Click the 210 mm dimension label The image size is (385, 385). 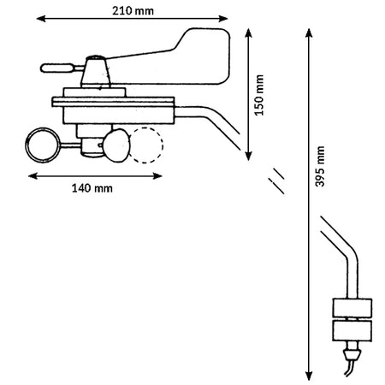tap(133, 11)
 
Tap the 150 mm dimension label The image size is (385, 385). tap(259, 95)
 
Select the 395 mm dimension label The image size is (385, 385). tap(320, 166)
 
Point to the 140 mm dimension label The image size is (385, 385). tap(92, 188)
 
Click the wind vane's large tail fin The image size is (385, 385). tap(199, 57)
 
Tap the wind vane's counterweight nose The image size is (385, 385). tap(57, 68)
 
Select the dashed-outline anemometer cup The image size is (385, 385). tap(145, 145)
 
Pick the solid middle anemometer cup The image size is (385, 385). tap(116, 145)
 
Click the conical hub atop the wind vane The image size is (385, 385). tap(96, 71)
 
